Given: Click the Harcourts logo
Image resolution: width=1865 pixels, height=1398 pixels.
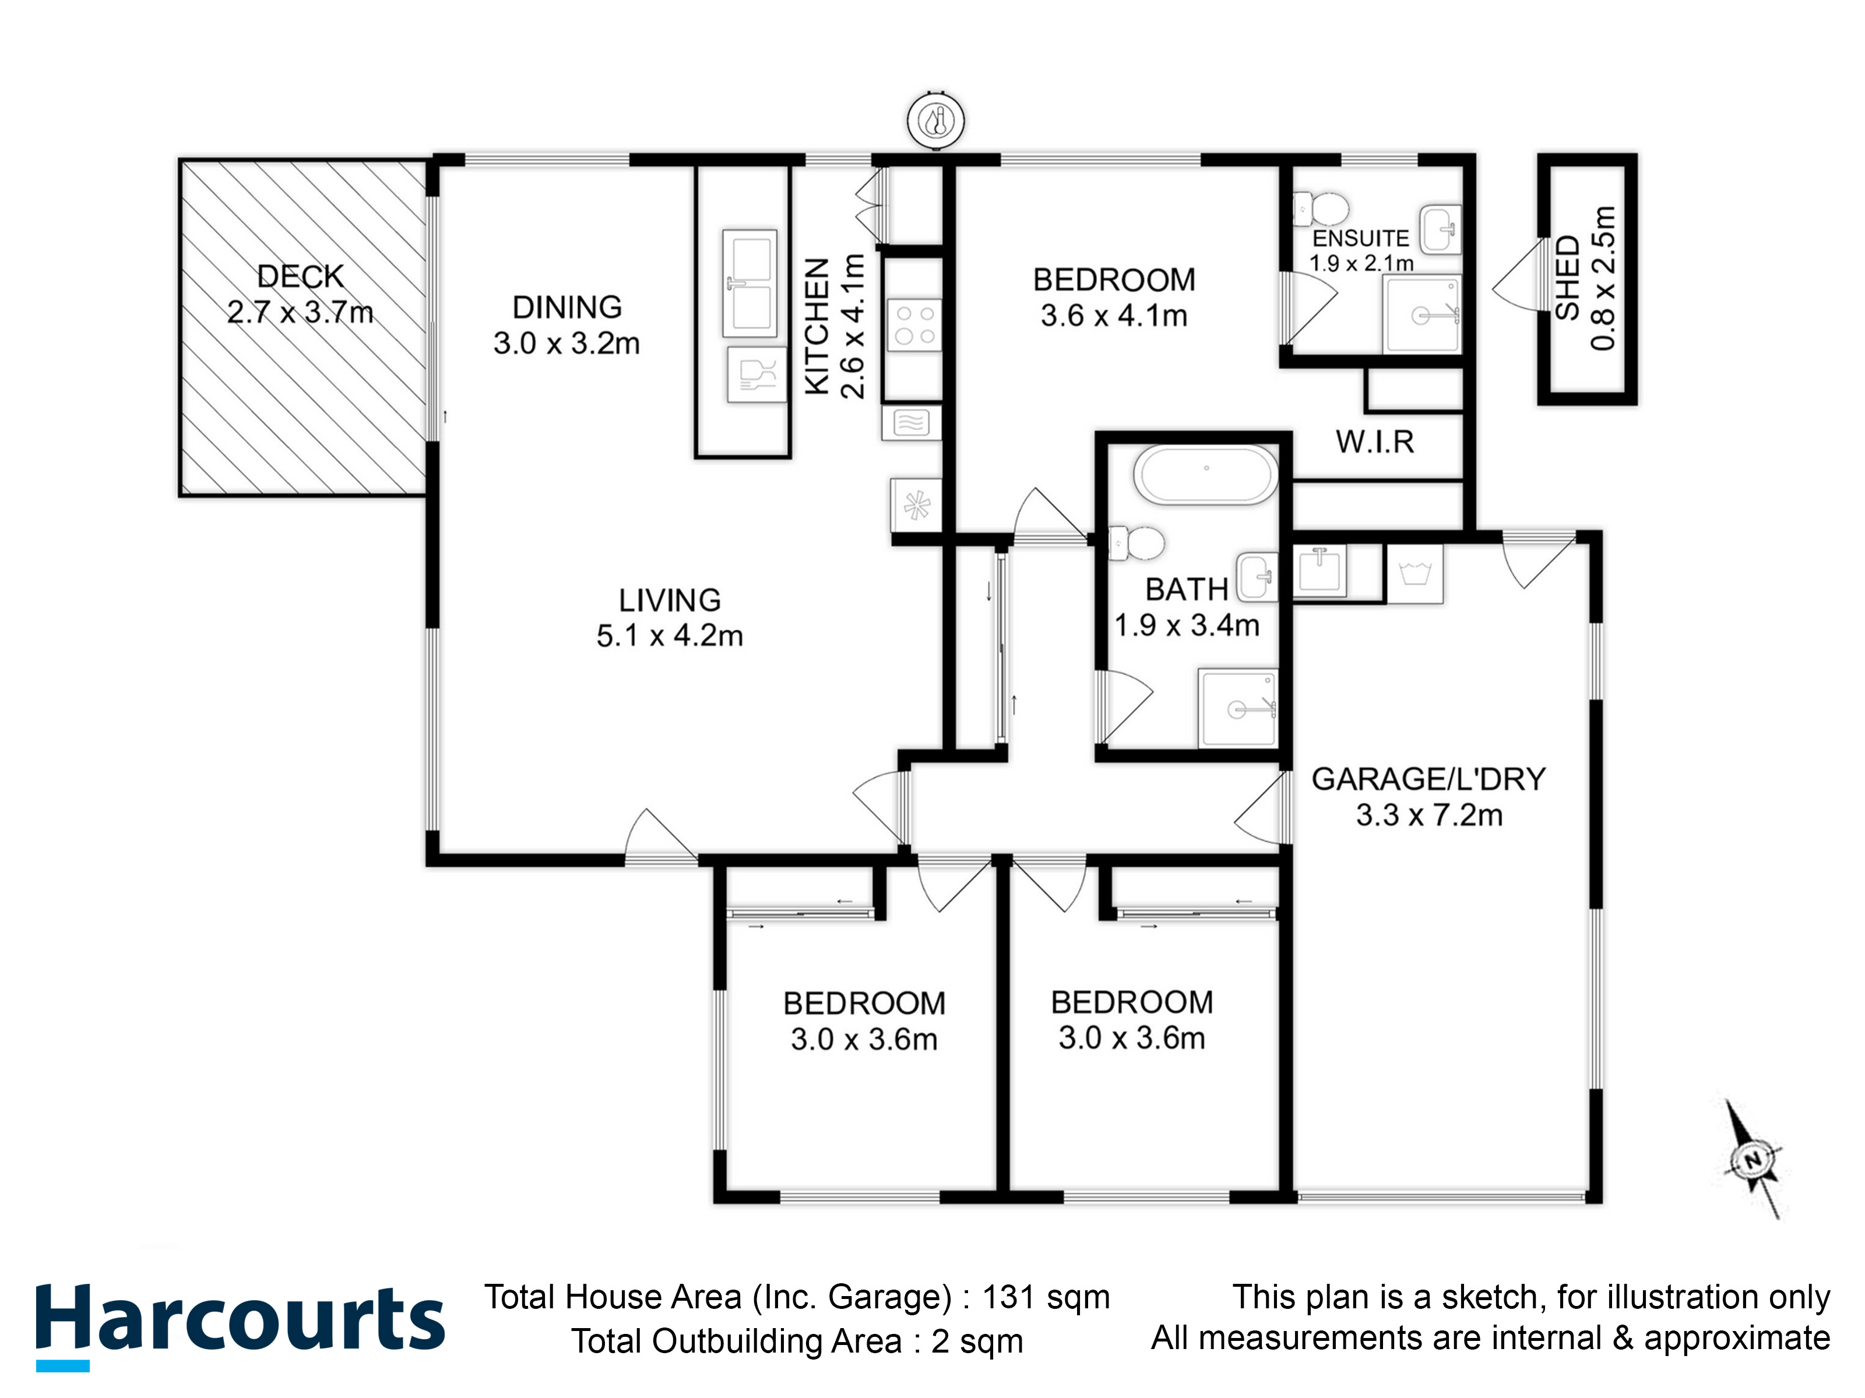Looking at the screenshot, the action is pos(240,1326).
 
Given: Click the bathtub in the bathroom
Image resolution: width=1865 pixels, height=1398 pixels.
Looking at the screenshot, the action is pos(1206,475).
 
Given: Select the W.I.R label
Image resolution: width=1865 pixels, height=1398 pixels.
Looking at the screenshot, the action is pos(1374,442).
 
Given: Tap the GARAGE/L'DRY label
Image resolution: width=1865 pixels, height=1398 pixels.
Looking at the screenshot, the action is pos(1428,779).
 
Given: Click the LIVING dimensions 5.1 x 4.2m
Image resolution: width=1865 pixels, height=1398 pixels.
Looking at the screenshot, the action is pos(670,636).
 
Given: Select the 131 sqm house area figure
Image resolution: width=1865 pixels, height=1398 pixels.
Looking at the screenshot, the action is pos(1046,1297).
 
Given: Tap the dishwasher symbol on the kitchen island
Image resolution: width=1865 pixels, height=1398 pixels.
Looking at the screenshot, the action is pos(756,375).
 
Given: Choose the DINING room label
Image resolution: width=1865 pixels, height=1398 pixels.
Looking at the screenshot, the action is pos(568,308).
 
